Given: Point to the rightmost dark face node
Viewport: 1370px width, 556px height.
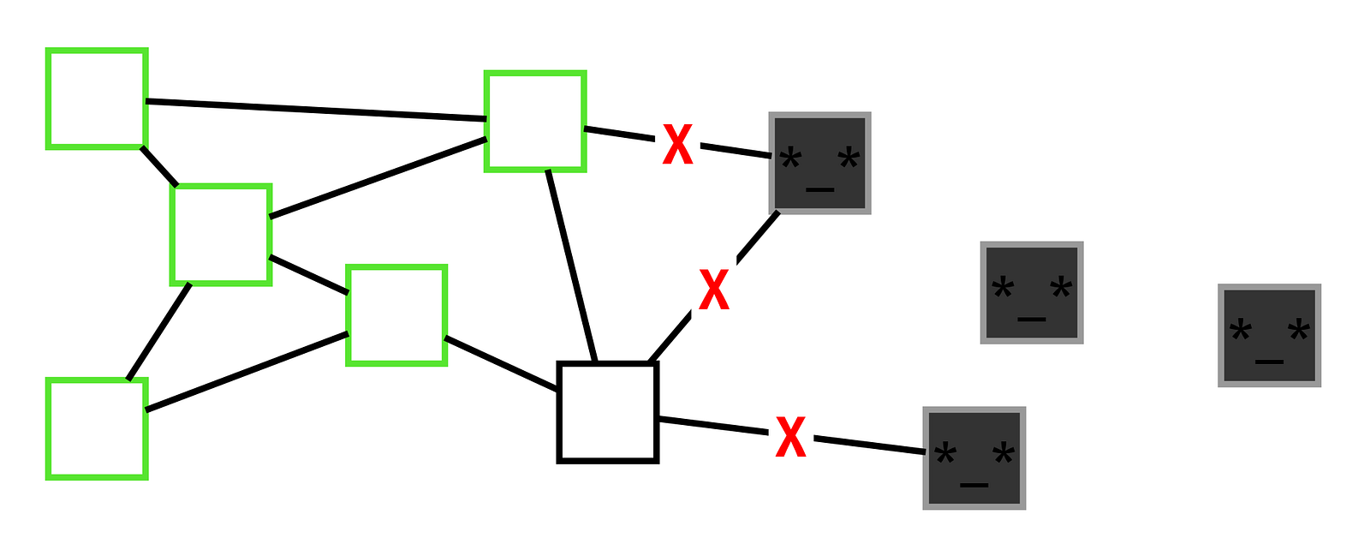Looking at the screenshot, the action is (x=1269, y=335).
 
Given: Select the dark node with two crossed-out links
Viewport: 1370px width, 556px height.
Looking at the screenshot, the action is (x=819, y=163).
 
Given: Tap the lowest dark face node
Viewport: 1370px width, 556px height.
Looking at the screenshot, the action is (x=974, y=457).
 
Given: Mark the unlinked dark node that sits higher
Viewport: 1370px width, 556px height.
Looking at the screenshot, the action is (x=1031, y=292).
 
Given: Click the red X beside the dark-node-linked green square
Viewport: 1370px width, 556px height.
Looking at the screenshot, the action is (x=677, y=144).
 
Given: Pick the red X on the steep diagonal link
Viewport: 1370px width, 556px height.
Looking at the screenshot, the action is (x=714, y=290).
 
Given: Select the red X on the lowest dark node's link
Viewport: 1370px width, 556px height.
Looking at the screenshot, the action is (x=790, y=437).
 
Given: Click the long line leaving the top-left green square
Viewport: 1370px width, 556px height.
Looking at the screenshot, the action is (x=316, y=111).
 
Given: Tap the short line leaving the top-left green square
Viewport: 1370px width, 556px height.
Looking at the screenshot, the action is (x=159, y=165).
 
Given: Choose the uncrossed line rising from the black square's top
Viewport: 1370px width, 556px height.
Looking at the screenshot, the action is (x=571, y=266).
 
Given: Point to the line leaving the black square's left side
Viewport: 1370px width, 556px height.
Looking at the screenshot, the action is (x=501, y=363).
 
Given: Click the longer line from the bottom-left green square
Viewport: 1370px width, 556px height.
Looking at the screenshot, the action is (x=247, y=371).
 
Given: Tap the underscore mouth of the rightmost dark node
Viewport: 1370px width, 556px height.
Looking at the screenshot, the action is (x=1269, y=362).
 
